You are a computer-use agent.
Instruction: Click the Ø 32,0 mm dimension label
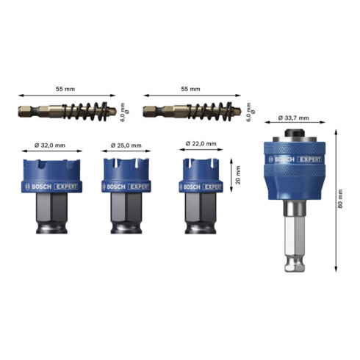pos(50,145)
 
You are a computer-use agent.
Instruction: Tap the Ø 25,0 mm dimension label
pos(126,145)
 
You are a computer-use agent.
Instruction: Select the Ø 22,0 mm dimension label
pos(201,143)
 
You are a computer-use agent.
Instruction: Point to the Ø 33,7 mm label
pos(293,118)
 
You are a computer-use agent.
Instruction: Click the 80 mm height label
pos(340,199)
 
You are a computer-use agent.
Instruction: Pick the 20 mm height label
pos(238,175)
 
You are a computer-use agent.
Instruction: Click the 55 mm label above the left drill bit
pos(65,89)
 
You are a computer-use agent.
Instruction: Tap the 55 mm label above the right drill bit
pos(190,89)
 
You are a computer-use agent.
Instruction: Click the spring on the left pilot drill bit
pos(85,112)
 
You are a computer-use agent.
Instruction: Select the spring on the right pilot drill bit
pos(209,112)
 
